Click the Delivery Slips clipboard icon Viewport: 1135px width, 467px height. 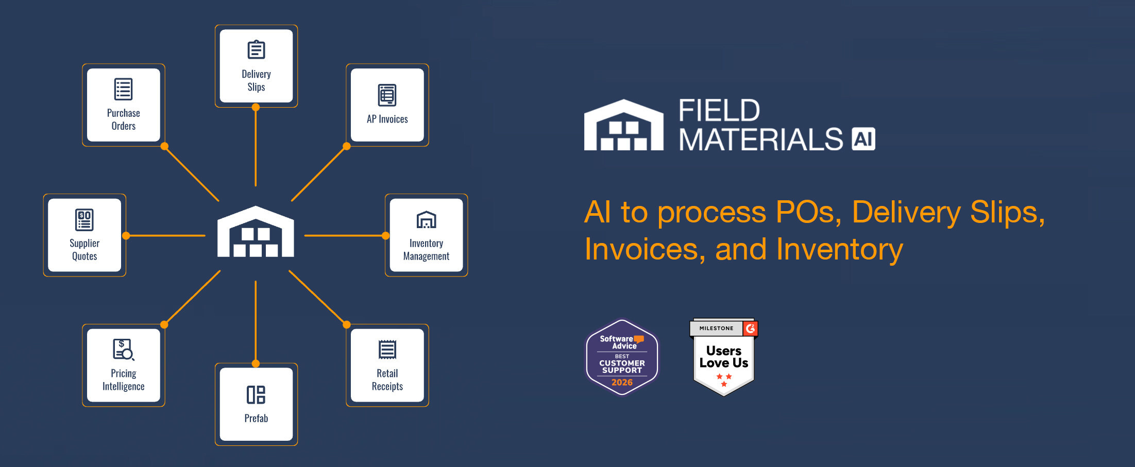coord(256,49)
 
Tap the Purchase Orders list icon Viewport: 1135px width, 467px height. coord(123,89)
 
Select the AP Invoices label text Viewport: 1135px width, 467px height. coord(387,119)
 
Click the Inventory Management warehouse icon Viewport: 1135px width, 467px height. coord(426,220)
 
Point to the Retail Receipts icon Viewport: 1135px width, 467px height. coord(387,350)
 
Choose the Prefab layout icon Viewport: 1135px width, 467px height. coord(256,395)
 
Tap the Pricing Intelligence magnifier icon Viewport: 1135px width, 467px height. coord(123,350)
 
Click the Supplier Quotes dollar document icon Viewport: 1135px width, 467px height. coord(84,220)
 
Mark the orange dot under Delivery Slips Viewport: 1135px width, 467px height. coord(256,108)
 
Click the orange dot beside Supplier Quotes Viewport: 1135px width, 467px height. coord(126,236)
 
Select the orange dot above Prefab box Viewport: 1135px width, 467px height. coord(256,364)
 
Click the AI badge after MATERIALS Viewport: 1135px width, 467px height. coord(863,139)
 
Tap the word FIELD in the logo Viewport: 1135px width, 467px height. coord(719,110)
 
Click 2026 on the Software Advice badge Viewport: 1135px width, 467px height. coord(622,383)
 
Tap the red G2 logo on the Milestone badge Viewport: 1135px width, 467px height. coord(750,328)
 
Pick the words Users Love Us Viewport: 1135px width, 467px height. coord(723,357)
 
